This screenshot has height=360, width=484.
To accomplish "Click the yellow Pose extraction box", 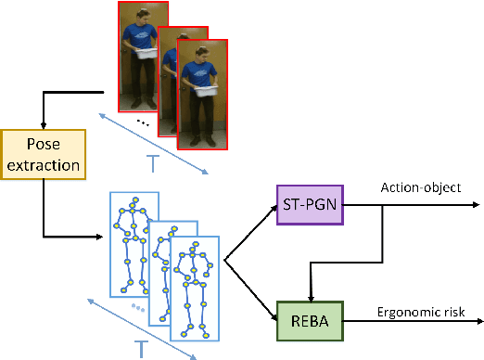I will pyautogui.click(x=44, y=155).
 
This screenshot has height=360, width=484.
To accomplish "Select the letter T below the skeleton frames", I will pyautogui.click(x=142, y=348).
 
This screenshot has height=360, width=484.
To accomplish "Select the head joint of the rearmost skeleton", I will pyautogui.click(x=135, y=200).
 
